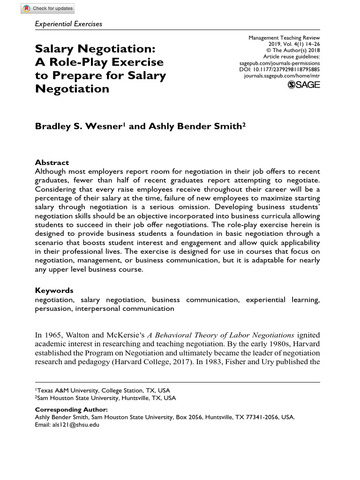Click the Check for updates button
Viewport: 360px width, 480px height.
(x=48, y=8)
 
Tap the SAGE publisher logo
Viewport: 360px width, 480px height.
(x=304, y=84)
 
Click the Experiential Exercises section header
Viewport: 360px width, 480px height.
(x=68, y=23)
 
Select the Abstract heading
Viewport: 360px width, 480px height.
(x=52, y=163)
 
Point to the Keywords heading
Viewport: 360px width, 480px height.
(x=54, y=290)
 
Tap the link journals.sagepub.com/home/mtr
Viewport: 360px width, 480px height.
(x=282, y=75)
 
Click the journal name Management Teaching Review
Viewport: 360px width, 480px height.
(x=284, y=37)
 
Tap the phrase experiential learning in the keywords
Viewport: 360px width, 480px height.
(x=283, y=300)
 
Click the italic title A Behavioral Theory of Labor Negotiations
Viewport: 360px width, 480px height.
(x=221, y=335)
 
